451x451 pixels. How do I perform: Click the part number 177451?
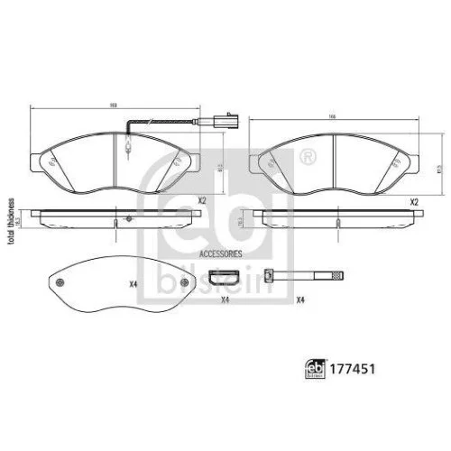click(x=354, y=367)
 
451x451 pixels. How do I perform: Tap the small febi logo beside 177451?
click(x=318, y=367)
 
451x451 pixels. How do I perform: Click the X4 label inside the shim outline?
click(x=132, y=285)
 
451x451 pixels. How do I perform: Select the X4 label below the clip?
click(x=225, y=299)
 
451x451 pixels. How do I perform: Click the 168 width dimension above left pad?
click(x=114, y=106)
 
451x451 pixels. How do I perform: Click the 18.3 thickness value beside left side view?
click(x=20, y=219)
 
